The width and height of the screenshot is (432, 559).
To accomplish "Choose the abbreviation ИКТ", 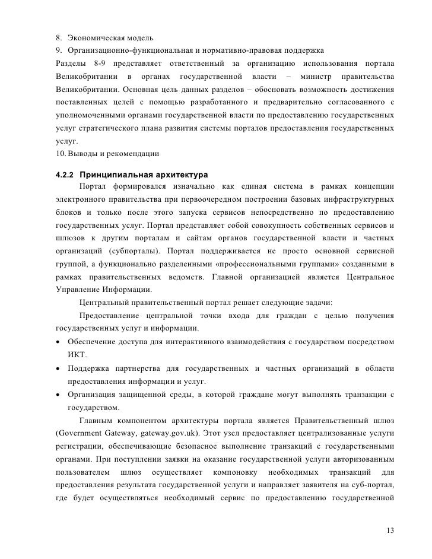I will (77, 354).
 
